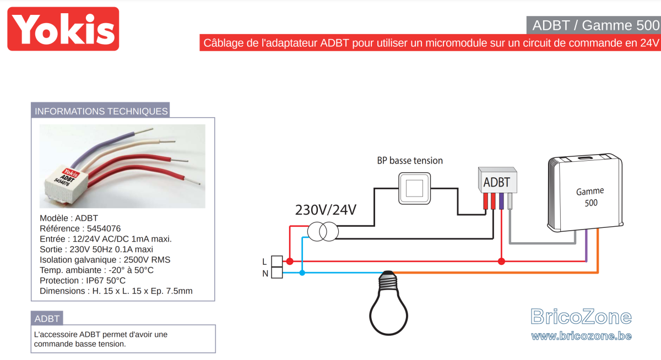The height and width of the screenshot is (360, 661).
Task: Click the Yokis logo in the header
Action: (x=63, y=29)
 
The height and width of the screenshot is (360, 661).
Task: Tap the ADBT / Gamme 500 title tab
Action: (x=594, y=25)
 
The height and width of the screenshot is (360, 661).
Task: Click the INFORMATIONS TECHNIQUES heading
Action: (x=101, y=111)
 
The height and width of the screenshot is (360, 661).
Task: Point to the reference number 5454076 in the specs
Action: (x=104, y=228)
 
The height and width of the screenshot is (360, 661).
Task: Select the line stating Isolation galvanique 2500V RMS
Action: (x=105, y=260)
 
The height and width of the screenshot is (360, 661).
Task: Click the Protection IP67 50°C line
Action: (x=82, y=280)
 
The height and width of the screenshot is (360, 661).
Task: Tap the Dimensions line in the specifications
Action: (x=116, y=291)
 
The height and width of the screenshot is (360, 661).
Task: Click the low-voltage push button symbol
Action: (x=414, y=188)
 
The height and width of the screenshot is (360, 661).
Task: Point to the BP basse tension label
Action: (x=410, y=160)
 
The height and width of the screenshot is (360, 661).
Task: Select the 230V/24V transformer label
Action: (x=326, y=210)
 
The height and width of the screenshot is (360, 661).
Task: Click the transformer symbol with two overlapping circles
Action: (x=323, y=231)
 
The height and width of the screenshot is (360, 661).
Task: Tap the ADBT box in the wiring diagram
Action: (x=497, y=180)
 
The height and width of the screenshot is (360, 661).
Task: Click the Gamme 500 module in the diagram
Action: (x=585, y=192)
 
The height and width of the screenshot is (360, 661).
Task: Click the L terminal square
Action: (x=277, y=261)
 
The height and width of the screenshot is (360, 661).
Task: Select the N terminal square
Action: (x=277, y=272)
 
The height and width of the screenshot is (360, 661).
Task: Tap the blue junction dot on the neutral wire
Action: (x=302, y=273)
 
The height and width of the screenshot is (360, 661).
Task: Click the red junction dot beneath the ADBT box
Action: (x=501, y=261)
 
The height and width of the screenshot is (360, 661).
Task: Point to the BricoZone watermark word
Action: (x=581, y=317)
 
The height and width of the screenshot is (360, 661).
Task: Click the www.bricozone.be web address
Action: (x=581, y=336)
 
